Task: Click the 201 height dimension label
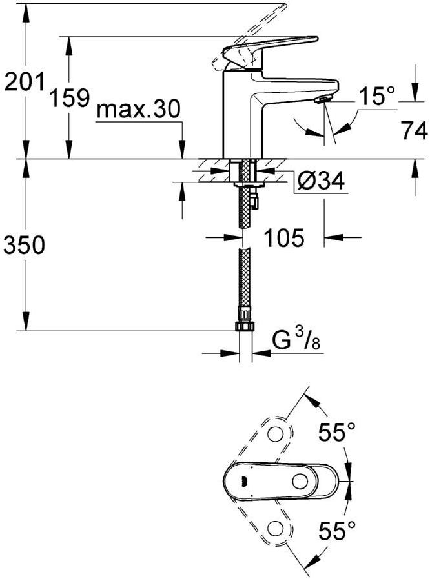pyautogui.click(x=23, y=82)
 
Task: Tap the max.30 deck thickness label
pyautogui.click(x=137, y=110)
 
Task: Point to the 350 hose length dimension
pyautogui.click(x=24, y=244)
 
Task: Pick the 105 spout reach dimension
pyautogui.click(x=283, y=238)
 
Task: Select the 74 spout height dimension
pyautogui.click(x=413, y=131)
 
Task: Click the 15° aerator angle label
pyautogui.click(x=376, y=97)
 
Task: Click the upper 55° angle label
pyautogui.click(x=337, y=433)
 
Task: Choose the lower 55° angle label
pyautogui.click(x=337, y=532)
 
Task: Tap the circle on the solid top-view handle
pyautogui.click(x=300, y=481)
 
